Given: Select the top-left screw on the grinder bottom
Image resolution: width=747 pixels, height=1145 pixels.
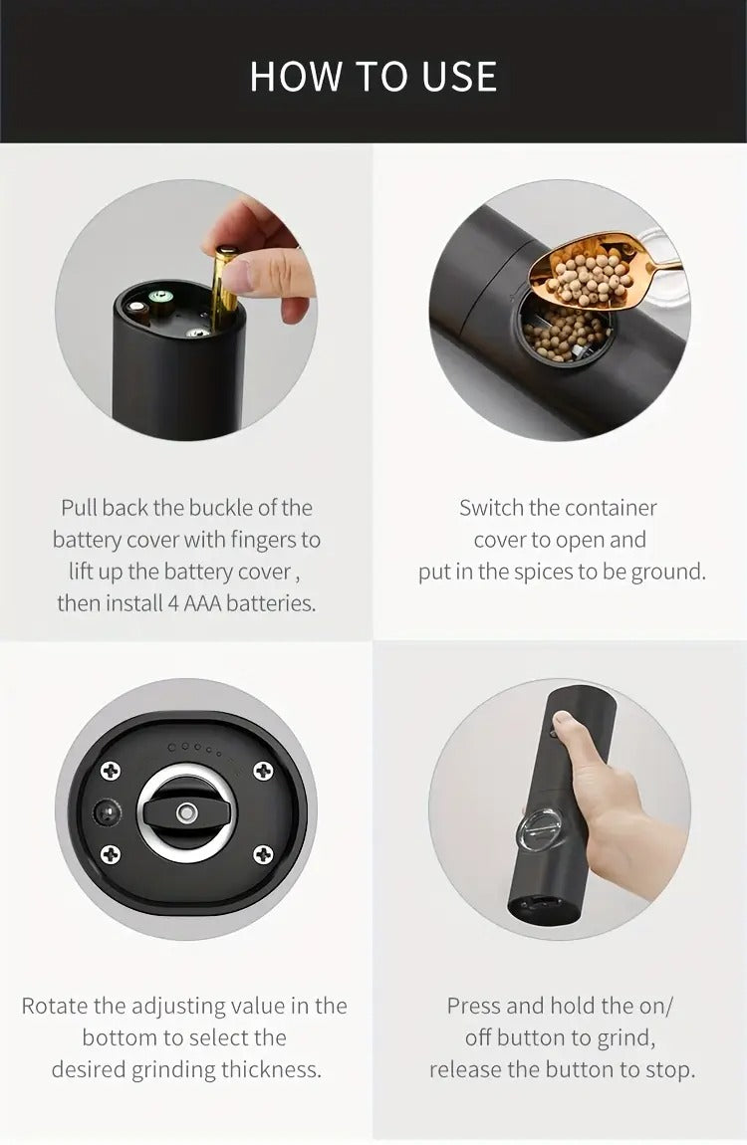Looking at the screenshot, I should (111, 770).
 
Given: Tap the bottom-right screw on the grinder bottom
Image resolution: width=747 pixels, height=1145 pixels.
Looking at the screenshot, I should (263, 853).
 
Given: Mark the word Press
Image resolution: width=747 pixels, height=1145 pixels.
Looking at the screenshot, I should (473, 1006).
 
